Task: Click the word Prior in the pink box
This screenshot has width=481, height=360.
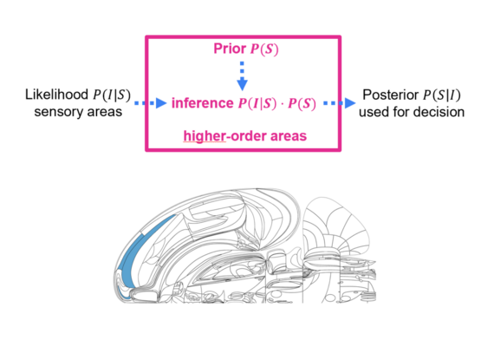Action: tap(230, 49)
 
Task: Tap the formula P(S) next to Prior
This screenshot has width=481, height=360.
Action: tap(264, 49)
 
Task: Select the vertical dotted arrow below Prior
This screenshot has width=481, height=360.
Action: tap(242, 75)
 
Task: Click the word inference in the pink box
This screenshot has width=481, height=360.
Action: tap(203, 103)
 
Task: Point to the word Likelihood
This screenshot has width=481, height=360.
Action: tap(56, 95)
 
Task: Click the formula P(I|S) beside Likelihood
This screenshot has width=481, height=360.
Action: tap(112, 95)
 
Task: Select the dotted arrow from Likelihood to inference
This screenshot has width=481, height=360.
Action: tap(151, 103)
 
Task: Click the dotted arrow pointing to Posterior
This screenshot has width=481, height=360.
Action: tap(340, 103)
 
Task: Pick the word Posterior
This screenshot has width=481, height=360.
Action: tap(391, 95)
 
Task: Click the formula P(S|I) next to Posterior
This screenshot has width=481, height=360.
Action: tap(442, 95)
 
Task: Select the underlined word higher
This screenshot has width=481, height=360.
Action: tap(205, 136)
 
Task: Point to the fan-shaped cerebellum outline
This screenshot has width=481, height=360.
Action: tap(336, 227)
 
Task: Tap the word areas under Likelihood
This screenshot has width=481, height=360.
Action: tap(105, 112)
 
